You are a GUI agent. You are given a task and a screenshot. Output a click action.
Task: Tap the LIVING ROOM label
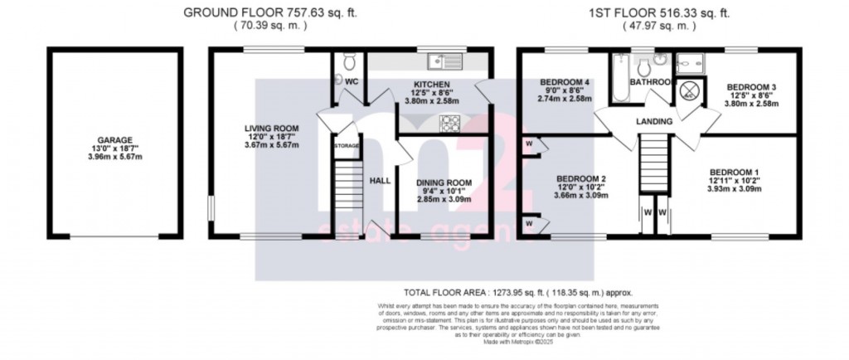click(271, 128)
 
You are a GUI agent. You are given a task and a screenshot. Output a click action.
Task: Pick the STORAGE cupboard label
click(347, 146)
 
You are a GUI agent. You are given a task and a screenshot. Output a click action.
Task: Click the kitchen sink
click(443, 60)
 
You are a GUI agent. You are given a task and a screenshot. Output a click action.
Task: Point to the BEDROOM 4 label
click(565, 82)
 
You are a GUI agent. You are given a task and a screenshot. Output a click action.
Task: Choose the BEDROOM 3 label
click(750, 87)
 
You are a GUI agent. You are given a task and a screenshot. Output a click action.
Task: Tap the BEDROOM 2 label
click(582, 179)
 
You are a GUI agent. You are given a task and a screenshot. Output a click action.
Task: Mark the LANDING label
click(654, 122)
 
